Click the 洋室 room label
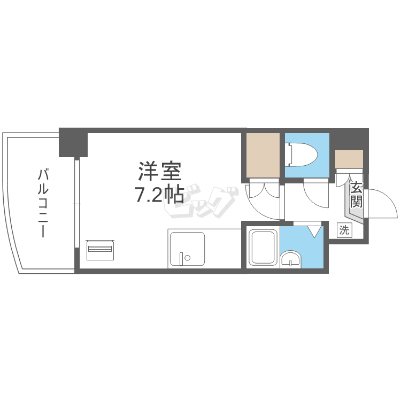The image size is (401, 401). click(160, 171)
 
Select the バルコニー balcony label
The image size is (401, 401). click(43, 203)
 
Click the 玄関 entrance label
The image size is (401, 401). click(356, 195)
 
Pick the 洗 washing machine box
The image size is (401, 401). click(344, 230)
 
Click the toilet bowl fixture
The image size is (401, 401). click(303, 154)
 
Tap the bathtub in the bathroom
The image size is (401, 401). click(264, 247)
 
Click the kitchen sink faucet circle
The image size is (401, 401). click(188, 258)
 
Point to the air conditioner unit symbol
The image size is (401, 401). click(101, 250)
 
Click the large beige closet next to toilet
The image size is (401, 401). click(263, 155)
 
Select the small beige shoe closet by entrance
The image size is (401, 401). click(349, 159)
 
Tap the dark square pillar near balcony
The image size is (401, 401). click(73, 142)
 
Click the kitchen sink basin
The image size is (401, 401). click(188, 249)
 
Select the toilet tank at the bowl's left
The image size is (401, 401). click(290, 155)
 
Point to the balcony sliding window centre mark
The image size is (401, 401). click(77, 204)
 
